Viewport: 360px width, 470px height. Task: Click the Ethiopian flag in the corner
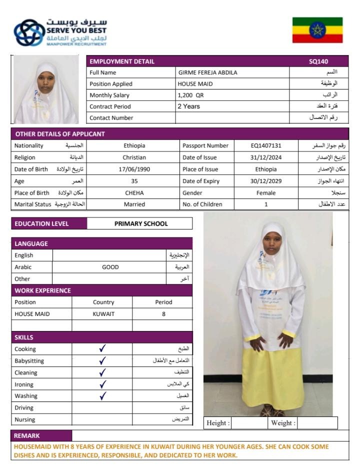pyautogui.click(x=317, y=30)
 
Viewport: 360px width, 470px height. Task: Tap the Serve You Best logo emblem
pyautogui.click(x=29, y=33)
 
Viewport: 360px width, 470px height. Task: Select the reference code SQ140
pyautogui.click(x=318, y=61)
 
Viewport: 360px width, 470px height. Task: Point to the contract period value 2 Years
pyautogui.click(x=189, y=106)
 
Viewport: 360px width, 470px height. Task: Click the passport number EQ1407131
pyautogui.click(x=266, y=146)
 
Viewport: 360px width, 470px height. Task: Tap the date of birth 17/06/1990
pyautogui.click(x=134, y=169)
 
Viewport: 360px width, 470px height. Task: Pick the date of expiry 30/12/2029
pyautogui.click(x=266, y=181)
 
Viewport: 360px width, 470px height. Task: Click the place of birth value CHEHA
pyautogui.click(x=134, y=193)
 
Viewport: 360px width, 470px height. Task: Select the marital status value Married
pyautogui.click(x=134, y=204)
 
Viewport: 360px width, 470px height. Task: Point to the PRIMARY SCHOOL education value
pyautogui.click(x=141, y=224)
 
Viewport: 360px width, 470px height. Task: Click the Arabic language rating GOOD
pyautogui.click(x=110, y=267)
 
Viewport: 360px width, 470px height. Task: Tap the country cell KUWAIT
pyautogui.click(x=103, y=314)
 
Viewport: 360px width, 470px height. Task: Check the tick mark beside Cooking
pyautogui.click(x=102, y=349)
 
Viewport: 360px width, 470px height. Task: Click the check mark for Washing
pyautogui.click(x=103, y=396)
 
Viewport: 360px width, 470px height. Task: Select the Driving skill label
pyautogui.click(x=24, y=408)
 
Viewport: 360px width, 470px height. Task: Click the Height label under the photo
pyautogui.click(x=218, y=423)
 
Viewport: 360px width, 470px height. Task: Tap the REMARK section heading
pyautogui.click(x=26, y=436)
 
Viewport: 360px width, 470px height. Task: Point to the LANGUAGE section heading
pyautogui.click(x=31, y=244)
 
